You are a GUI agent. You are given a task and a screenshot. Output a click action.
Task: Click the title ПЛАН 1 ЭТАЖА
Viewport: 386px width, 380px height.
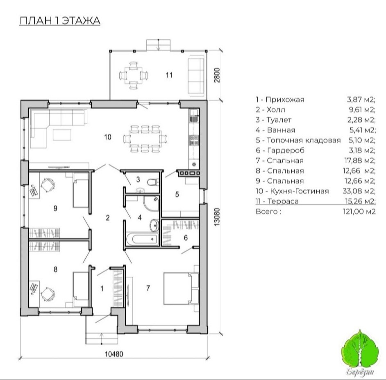tap(60, 20)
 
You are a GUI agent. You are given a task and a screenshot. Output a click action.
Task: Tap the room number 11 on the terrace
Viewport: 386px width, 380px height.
tap(169, 75)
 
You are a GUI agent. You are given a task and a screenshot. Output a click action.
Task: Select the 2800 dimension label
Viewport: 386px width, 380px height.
tap(217, 75)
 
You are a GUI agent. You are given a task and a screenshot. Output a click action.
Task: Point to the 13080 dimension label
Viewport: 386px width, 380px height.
tap(217, 217)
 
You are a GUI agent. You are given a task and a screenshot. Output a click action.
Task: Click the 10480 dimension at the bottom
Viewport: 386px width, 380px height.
tap(114, 354)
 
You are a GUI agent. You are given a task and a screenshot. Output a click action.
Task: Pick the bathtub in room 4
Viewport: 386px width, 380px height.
tap(141, 239)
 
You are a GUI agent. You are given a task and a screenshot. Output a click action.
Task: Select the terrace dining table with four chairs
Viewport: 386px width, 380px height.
tap(134, 75)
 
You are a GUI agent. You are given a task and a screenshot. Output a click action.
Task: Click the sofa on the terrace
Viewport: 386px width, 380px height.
tap(196, 75)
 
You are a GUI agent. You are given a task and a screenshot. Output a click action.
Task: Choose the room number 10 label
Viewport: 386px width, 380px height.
tap(108, 137)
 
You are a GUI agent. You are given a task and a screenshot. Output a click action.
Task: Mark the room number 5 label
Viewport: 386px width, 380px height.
tap(177, 194)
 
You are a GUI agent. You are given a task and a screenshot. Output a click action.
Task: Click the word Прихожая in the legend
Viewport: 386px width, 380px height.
tap(285, 100)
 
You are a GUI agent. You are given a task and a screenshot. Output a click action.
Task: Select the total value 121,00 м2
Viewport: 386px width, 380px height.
tap(359, 212)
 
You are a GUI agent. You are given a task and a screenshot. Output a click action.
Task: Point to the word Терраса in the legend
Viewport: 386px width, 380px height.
tap(283, 201)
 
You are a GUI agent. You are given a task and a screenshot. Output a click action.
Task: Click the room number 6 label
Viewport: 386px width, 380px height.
tap(186, 238)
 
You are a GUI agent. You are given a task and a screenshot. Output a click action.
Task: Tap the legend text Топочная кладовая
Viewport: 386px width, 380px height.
tap(304, 140)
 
